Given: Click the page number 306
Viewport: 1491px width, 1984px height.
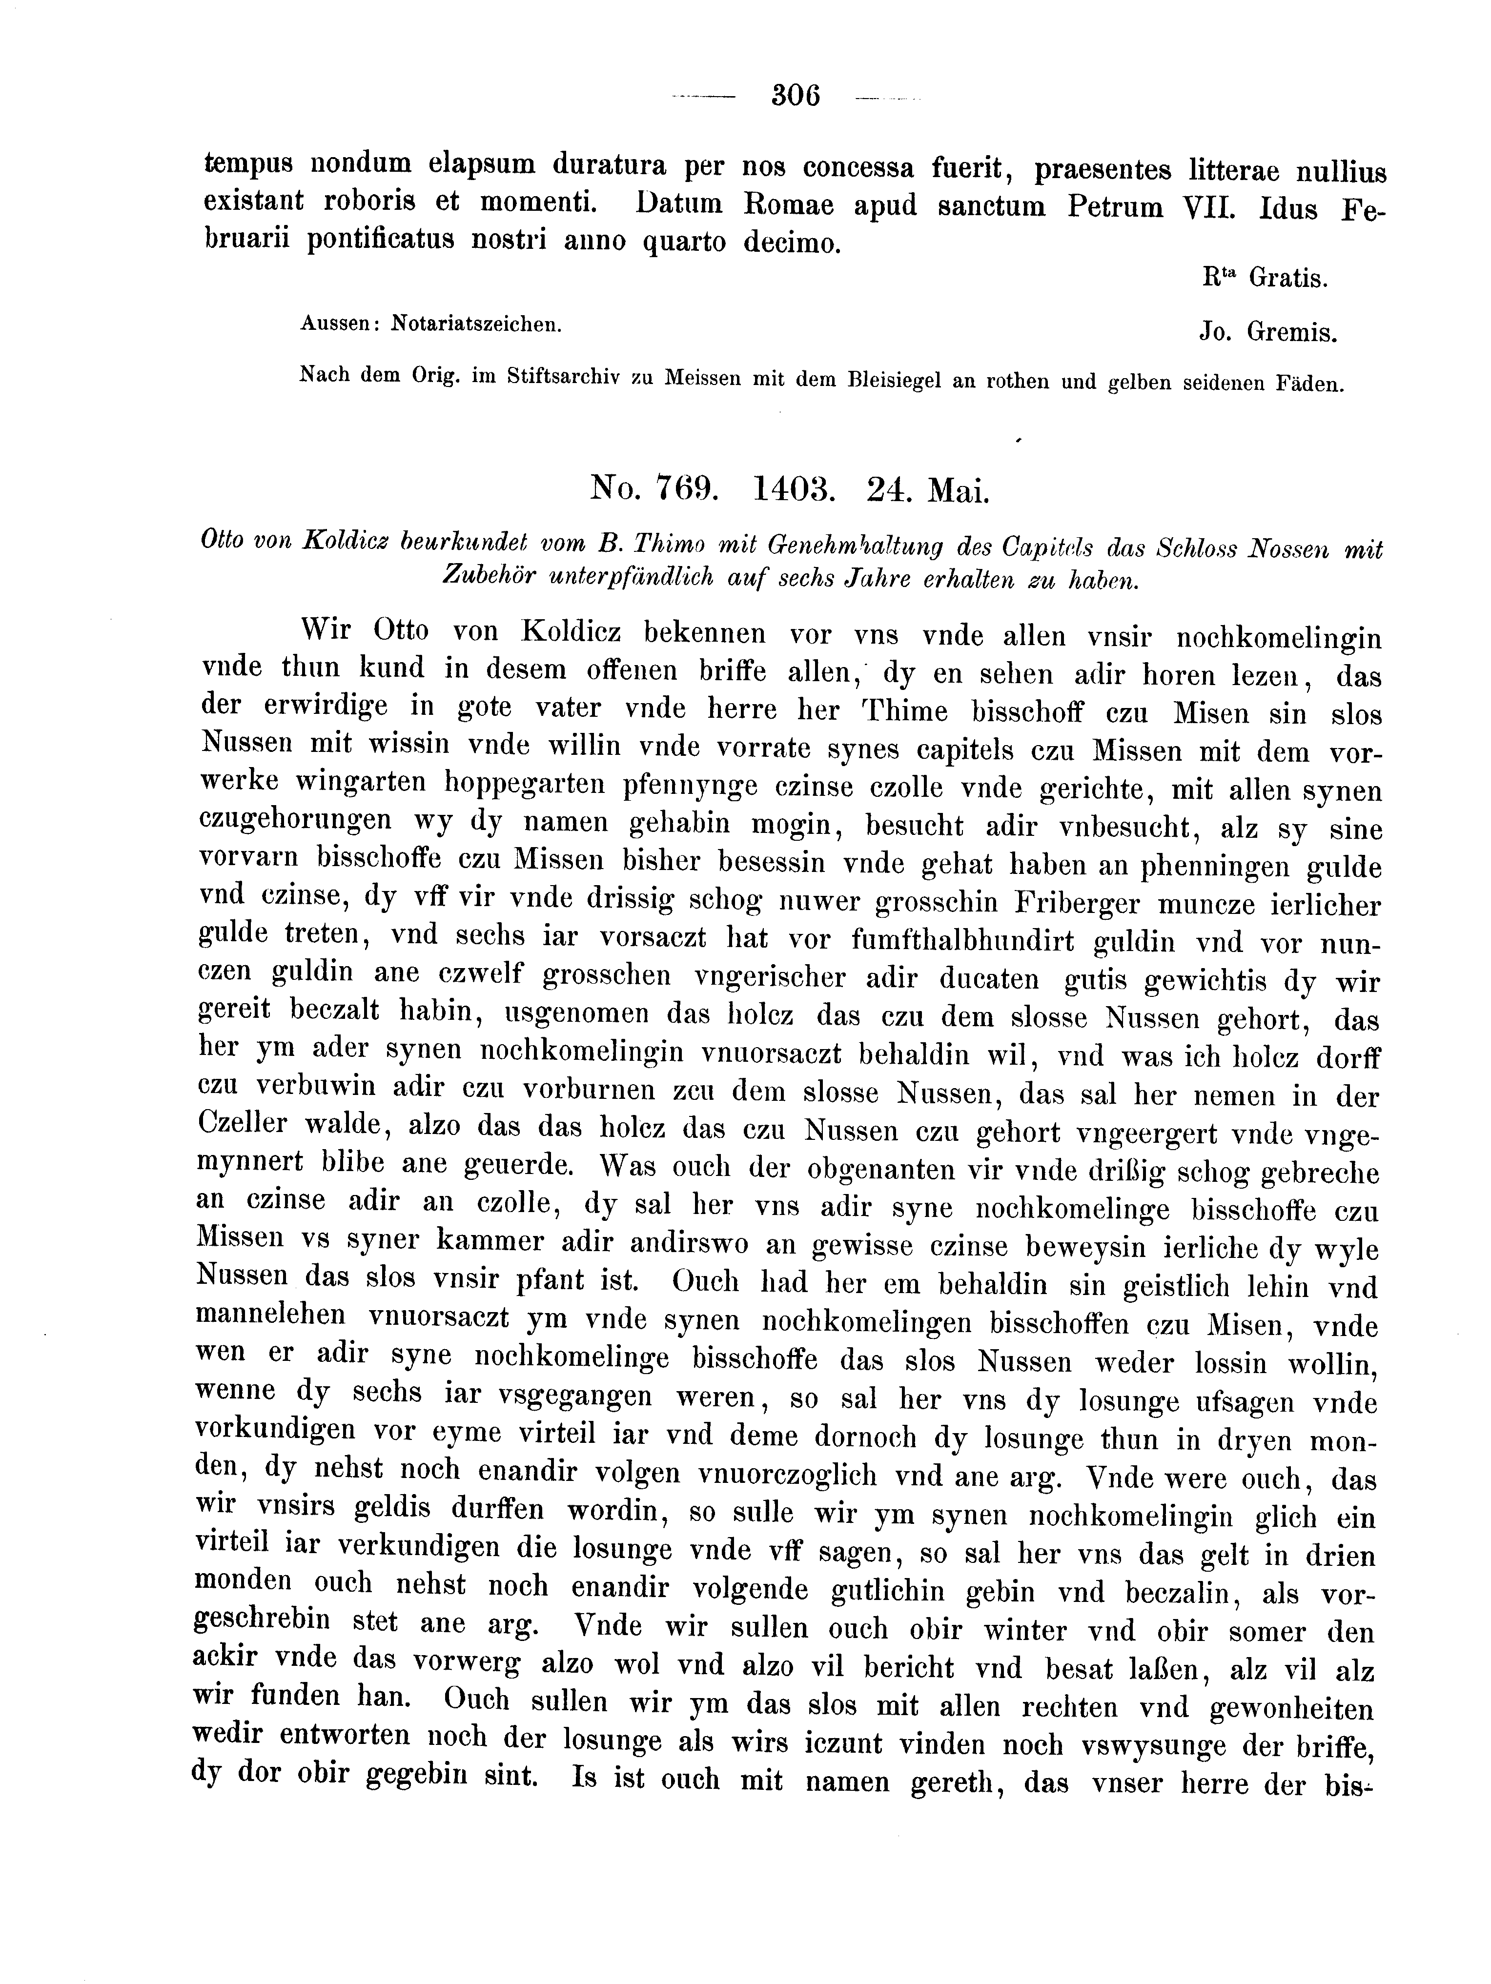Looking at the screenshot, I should pos(796,95).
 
